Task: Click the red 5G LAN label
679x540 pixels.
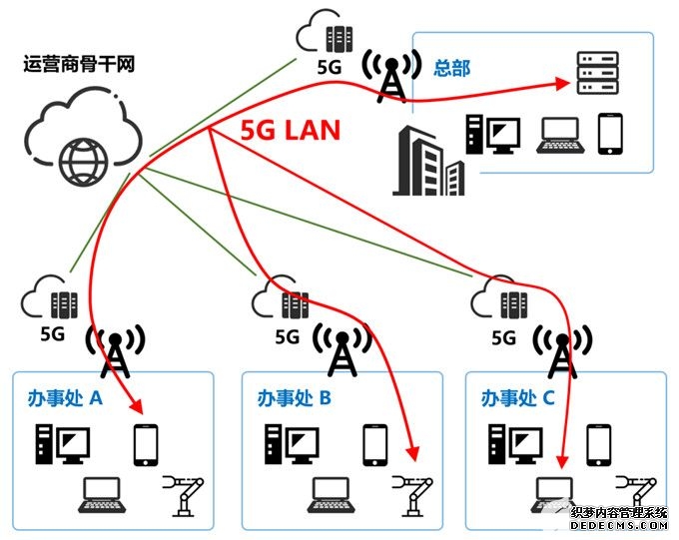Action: pyautogui.click(x=291, y=130)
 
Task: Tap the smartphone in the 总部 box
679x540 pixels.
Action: pyautogui.click(x=609, y=134)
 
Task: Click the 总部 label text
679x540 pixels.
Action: pyautogui.click(x=451, y=68)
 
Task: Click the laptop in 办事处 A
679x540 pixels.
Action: pyautogui.click(x=101, y=494)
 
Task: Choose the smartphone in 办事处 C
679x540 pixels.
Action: pyautogui.click(x=598, y=445)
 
